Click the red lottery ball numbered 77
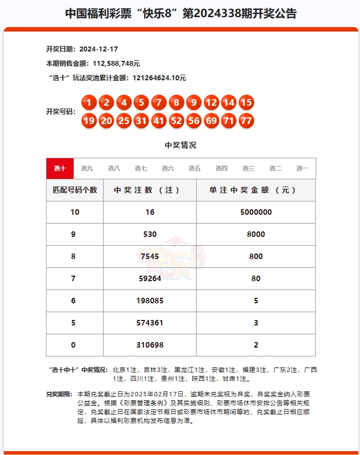tap(246, 120)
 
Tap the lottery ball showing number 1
tap(89, 102)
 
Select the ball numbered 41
tap(158, 120)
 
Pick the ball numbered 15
tap(246, 102)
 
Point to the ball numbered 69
tap(211, 120)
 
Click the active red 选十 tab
tap(60, 168)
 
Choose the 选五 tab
tap(194, 168)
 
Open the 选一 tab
tap(302, 168)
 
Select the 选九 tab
tap(87, 168)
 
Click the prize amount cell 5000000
tap(256, 213)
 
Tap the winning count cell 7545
tap(150, 257)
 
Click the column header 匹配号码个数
tap(75, 190)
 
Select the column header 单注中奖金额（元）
tap(256, 190)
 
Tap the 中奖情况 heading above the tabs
tap(181, 146)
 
